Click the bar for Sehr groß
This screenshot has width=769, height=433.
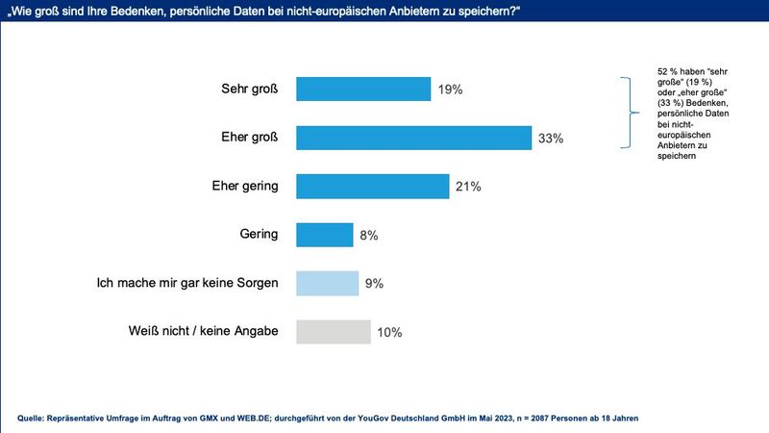point(362,89)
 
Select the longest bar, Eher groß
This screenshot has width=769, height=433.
point(413,138)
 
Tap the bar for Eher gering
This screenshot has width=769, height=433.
point(372,186)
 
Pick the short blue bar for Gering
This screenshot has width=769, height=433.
point(324,235)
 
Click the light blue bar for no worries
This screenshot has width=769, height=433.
point(327,283)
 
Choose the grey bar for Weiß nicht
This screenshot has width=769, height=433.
point(333,332)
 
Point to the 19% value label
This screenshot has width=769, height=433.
point(450,89)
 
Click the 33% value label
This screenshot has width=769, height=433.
point(551,139)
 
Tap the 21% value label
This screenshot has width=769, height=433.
point(469,187)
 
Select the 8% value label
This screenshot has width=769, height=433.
point(369,235)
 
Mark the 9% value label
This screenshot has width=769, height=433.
point(374,284)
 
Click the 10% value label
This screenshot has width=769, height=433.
point(389,333)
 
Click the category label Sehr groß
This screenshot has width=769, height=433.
point(249,89)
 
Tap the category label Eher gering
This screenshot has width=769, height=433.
point(244,186)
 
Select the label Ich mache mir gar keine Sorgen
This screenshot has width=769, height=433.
point(188,283)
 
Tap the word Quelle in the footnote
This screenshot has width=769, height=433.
point(35,417)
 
